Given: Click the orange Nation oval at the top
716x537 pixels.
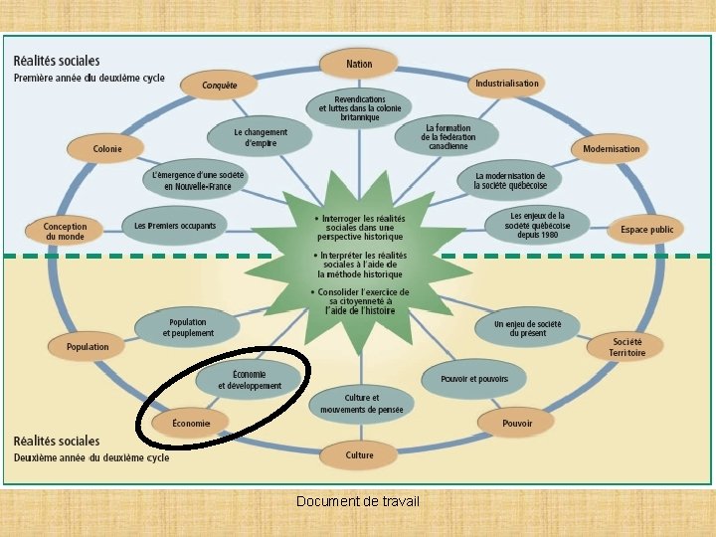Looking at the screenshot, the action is (x=359, y=65).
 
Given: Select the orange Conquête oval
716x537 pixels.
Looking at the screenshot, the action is (x=220, y=86).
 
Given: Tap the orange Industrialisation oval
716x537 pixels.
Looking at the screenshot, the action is (x=506, y=84).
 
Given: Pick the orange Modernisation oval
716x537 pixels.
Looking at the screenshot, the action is (x=612, y=149).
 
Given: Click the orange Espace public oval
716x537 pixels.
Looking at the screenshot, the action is (x=646, y=230).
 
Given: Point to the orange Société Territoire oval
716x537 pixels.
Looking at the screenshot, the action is (x=628, y=347).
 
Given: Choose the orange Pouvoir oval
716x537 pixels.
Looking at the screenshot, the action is (x=517, y=424).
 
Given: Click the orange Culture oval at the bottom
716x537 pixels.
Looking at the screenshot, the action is (x=359, y=455).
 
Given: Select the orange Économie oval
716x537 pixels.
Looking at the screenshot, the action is (x=191, y=424).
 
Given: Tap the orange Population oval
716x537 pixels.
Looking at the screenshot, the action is (x=88, y=347).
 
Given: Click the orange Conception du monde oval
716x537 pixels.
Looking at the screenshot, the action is (x=66, y=231).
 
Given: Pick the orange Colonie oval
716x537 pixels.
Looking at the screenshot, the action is (x=107, y=149).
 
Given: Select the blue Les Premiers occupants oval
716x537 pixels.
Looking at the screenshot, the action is (x=175, y=227).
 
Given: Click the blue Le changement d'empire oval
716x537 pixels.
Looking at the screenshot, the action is (x=261, y=137).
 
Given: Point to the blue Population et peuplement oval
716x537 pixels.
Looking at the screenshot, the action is (x=188, y=327).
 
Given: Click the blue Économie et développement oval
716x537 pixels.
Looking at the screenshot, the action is (x=250, y=380).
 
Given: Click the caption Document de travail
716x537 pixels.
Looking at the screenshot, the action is (x=358, y=500).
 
